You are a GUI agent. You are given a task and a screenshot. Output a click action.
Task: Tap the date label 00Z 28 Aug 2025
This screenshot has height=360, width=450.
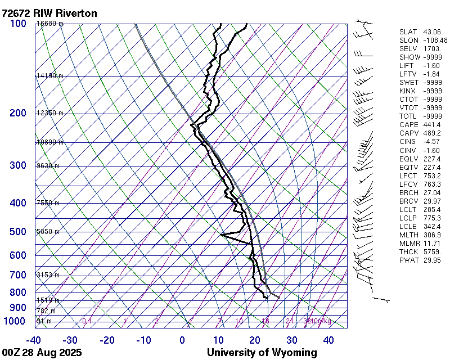point(42,353)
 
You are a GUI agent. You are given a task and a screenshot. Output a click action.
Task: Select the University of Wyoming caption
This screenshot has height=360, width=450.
point(262,353)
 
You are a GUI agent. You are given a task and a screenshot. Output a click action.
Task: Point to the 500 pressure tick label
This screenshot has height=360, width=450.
point(18,232)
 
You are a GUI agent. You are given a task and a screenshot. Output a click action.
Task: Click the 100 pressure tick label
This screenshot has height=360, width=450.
point(18,24)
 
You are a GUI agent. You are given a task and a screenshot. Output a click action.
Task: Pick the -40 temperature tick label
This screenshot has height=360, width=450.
point(33,340)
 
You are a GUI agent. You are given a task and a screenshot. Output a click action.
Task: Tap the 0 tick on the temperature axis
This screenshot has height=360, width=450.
point(182,340)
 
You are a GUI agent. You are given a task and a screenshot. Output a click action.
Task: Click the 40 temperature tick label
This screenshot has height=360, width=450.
point(328,340)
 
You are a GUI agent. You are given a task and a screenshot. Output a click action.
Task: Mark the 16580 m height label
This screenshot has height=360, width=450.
point(49,24)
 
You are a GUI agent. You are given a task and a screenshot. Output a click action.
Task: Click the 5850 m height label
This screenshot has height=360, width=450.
point(48,232)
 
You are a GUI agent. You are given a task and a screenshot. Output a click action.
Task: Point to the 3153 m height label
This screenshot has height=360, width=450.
point(48,275)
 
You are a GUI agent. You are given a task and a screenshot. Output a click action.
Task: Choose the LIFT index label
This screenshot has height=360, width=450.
point(406,66)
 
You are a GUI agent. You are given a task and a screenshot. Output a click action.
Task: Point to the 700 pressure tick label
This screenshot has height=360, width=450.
point(18,275)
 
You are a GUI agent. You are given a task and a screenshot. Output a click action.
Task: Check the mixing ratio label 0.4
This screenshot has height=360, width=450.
point(87,321)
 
